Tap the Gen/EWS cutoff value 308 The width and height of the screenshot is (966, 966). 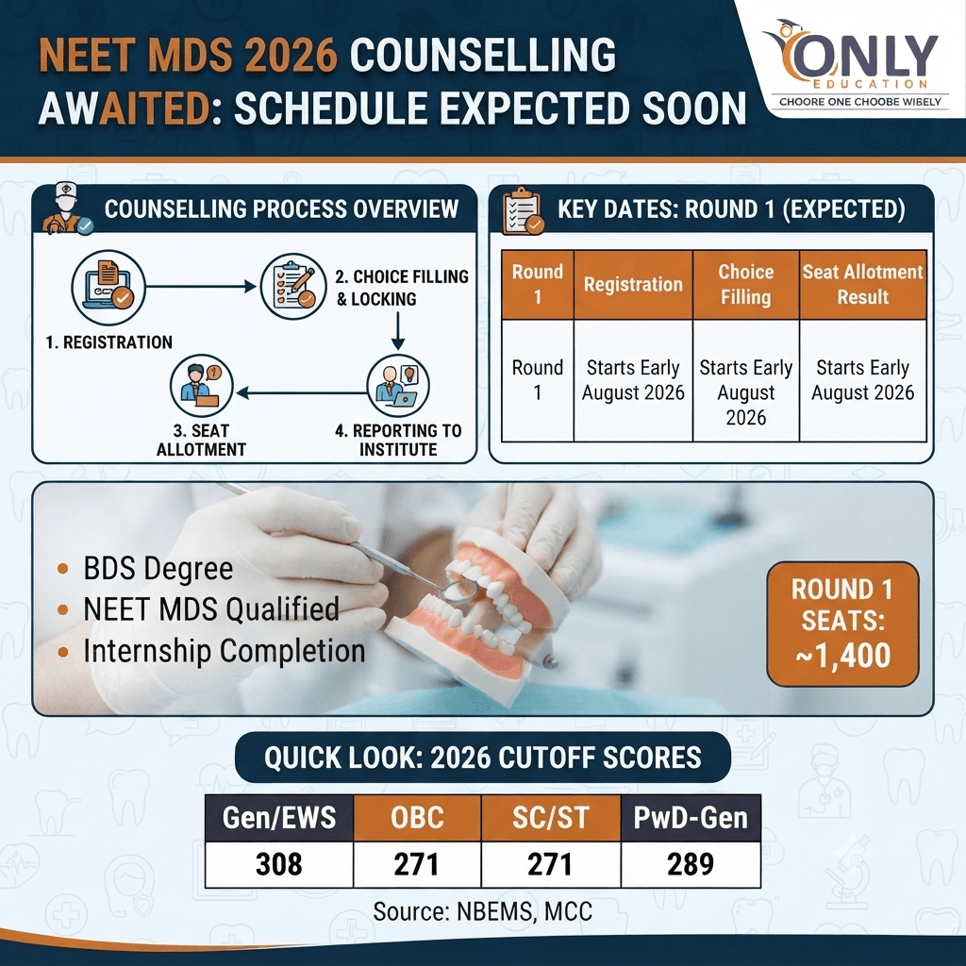[x=279, y=864]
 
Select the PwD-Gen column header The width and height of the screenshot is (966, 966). [x=691, y=818]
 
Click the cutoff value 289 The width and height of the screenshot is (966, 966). [x=691, y=864]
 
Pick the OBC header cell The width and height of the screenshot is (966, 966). [x=417, y=818]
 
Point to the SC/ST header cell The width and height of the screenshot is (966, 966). [x=551, y=818]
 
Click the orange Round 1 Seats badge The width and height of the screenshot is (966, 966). [x=842, y=624]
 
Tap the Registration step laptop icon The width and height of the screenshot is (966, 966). [x=108, y=287]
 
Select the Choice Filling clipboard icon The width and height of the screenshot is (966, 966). [x=293, y=287]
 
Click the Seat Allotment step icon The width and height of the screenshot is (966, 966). [x=202, y=386]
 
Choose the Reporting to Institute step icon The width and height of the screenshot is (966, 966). [x=398, y=386]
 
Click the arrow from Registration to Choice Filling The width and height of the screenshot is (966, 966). [x=201, y=287]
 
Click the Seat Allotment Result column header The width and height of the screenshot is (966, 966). [x=862, y=285]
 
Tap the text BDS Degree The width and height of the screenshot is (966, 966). [x=158, y=568]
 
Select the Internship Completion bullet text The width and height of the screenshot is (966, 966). [x=225, y=651]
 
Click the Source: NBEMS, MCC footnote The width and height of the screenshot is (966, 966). [x=482, y=911]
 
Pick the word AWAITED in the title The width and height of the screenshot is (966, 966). [x=124, y=108]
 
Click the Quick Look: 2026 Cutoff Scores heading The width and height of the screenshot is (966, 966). [x=483, y=758]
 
